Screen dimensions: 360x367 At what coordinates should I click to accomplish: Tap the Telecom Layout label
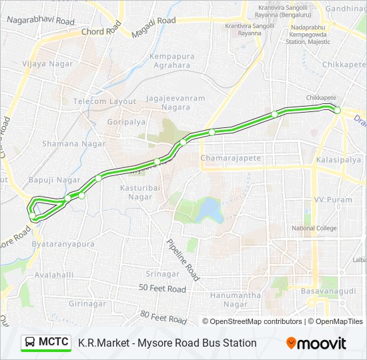(105, 101)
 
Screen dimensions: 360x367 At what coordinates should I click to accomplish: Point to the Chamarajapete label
(231, 158)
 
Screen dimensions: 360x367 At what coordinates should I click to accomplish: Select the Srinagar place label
(163, 274)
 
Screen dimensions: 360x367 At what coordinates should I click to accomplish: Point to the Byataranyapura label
(63, 245)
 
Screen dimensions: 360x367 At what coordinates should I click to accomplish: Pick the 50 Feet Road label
(162, 289)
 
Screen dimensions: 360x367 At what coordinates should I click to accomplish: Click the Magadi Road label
(153, 21)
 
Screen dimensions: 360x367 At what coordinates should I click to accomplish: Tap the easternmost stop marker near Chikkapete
(338, 110)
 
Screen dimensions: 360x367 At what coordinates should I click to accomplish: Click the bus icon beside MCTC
(30, 343)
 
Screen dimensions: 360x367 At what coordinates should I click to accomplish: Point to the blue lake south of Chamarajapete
(210, 209)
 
